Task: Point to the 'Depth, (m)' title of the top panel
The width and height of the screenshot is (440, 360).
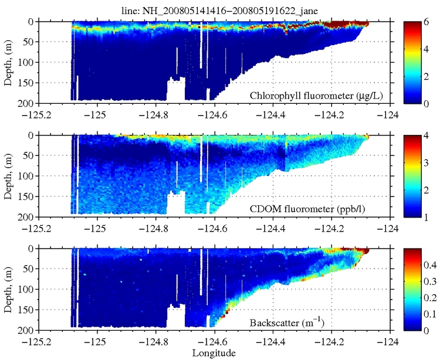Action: click(8, 61)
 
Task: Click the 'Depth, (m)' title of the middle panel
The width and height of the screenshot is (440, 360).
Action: click(8, 175)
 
